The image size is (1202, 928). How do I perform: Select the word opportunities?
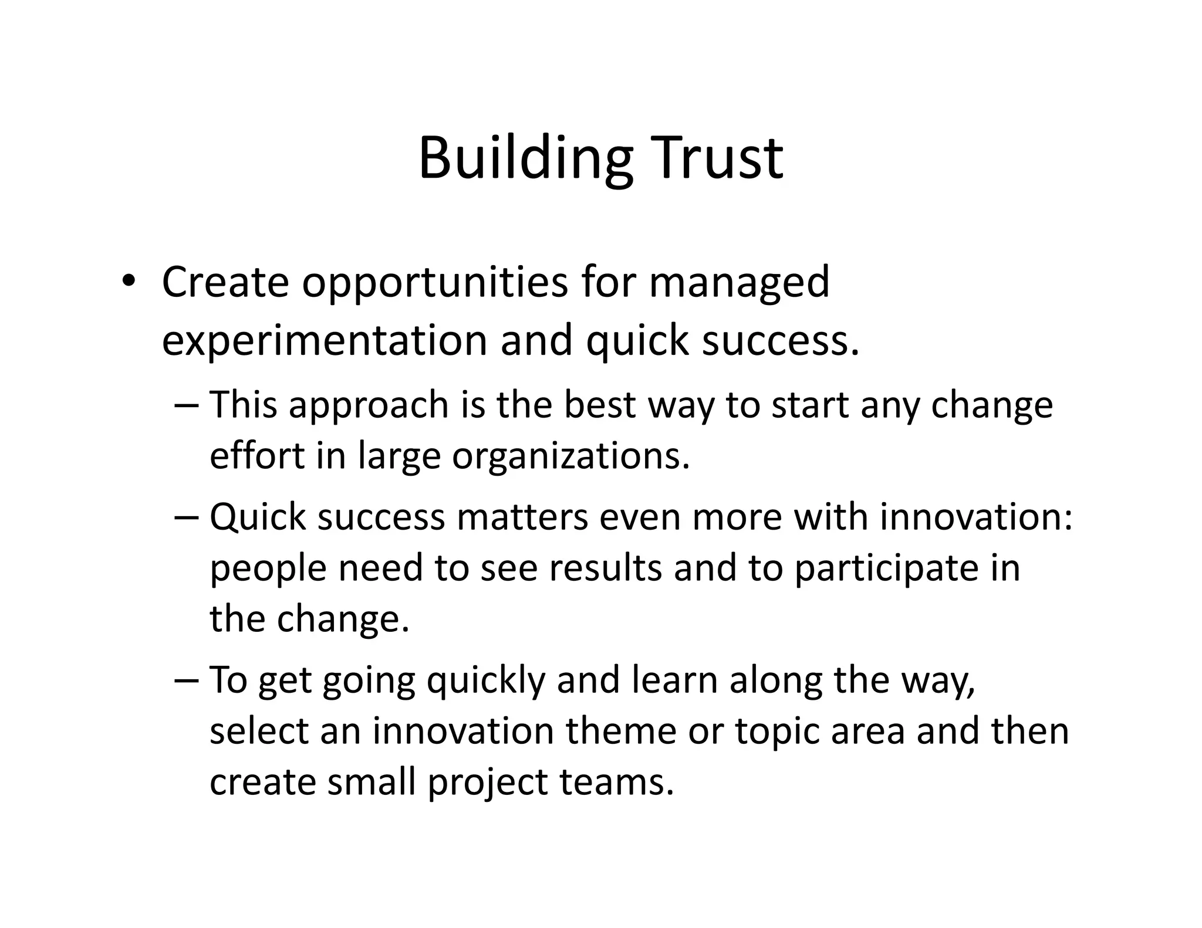coord(435,283)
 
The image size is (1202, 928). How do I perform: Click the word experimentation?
coord(324,340)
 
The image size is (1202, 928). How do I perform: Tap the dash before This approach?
coord(187,405)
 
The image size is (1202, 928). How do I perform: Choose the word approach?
coord(369,405)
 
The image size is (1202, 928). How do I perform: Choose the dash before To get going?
coord(187,680)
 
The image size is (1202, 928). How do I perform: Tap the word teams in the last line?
coord(616,782)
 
